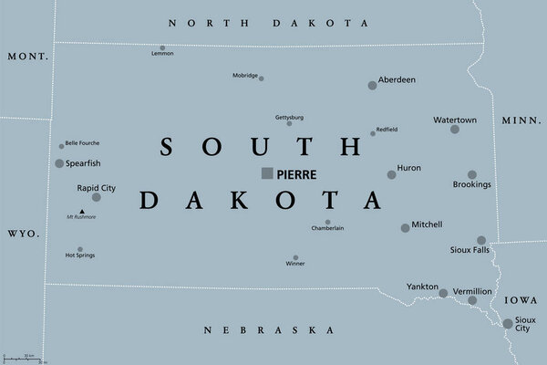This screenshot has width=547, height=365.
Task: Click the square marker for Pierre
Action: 267,172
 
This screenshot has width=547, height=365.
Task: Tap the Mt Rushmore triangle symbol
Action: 81,211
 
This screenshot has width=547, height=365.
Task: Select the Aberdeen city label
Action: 397,80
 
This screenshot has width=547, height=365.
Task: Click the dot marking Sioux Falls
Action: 481,240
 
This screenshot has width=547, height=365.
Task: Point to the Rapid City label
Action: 96,187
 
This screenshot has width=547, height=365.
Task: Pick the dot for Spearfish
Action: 59,163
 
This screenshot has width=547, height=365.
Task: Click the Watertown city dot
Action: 455,130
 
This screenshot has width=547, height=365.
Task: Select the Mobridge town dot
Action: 262,78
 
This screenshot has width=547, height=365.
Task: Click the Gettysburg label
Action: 289,117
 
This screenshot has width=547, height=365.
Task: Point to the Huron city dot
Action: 391,174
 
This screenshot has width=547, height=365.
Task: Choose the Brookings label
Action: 471,185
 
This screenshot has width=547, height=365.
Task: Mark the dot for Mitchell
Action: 405,228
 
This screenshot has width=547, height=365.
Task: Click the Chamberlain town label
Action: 327,229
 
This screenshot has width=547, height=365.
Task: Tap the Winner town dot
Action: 295,258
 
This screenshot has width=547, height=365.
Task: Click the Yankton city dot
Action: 443,294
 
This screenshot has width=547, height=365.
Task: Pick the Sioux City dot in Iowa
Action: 508,323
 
